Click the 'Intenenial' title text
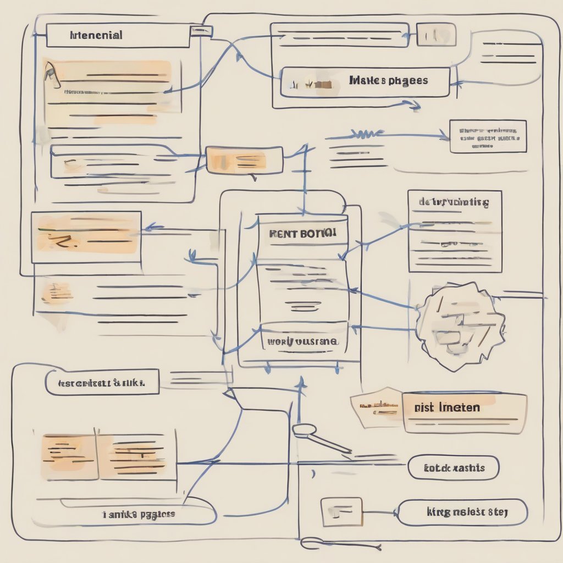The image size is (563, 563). click(97, 36)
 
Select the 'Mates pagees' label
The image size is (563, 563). click(388, 81)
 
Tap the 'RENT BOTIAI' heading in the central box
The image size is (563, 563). click(302, 233)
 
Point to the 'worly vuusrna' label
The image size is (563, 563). click(302, 341)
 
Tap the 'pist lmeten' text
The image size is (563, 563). click(447, 407)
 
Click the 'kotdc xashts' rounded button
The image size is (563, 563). click(454, 468)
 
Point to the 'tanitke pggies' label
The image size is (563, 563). click(139, 515)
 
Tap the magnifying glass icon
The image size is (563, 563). click(304, 430)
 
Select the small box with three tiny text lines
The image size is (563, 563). click(488, 136)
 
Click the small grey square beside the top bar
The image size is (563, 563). click(436, 34)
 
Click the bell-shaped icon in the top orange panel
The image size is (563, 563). click(51, 75)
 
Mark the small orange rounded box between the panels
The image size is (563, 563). click(244, 160)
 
